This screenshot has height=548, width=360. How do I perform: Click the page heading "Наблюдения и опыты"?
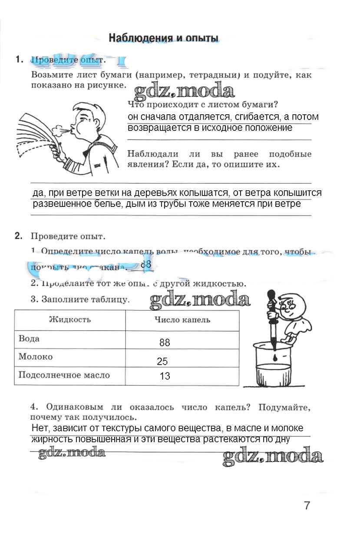click(x=163, y=37)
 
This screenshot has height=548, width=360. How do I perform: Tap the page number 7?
click(x=307, y=506)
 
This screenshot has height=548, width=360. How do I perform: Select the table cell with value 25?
click(x=162, y=361)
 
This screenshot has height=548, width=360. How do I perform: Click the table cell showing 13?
click(x=165, y=376)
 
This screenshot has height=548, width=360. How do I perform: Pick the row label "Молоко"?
click(x=36, y=357)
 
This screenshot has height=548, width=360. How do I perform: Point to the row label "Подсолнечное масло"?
click(x=64, y=375)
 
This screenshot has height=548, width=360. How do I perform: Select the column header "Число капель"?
click(x=182, y=320)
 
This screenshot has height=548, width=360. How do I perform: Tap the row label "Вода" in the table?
click(x=29, y=339)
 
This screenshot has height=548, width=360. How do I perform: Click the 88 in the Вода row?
click(x=165, y=342)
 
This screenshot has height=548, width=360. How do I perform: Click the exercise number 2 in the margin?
click(x=18, y=236)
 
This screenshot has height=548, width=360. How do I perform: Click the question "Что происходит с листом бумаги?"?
click(x=203, y=104)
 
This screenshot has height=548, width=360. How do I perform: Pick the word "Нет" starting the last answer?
click(x=40, y=428)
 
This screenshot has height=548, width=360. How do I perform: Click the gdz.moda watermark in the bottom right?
click(x=272, y=456)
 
